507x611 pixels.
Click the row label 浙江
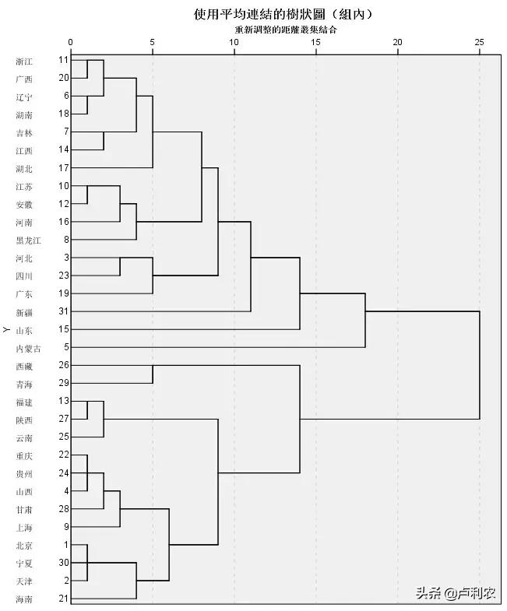23,61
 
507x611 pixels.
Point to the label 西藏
23,366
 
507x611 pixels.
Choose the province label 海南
23,599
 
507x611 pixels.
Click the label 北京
23,545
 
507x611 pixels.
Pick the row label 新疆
23,311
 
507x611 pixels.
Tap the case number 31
64,311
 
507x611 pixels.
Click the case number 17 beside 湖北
64,167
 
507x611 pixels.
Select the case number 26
64,365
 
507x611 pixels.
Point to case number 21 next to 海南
64,598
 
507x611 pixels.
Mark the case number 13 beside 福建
64,401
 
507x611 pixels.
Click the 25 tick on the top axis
479,42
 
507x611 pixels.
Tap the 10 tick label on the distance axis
234,42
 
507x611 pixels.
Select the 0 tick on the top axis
71,42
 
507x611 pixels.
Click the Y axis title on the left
7,330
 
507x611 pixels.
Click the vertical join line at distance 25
479,365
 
